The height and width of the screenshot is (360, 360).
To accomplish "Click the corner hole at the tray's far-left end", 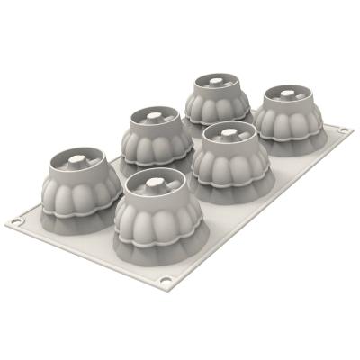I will (23, 219).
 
